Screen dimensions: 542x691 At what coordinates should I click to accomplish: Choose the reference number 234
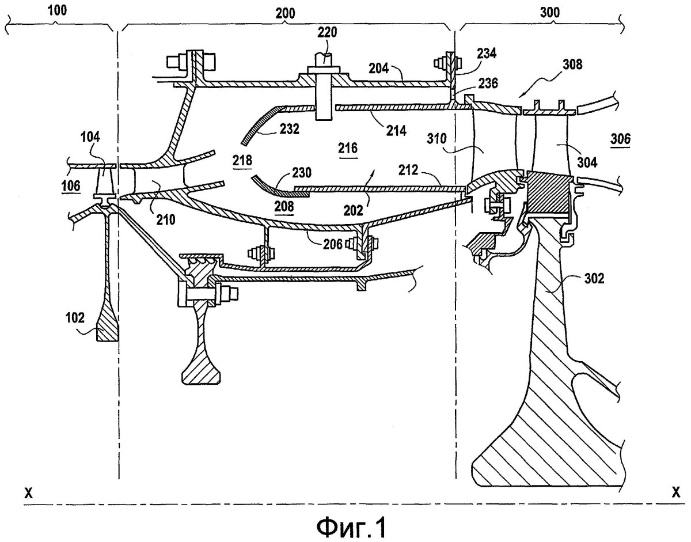(x=487, y=53)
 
